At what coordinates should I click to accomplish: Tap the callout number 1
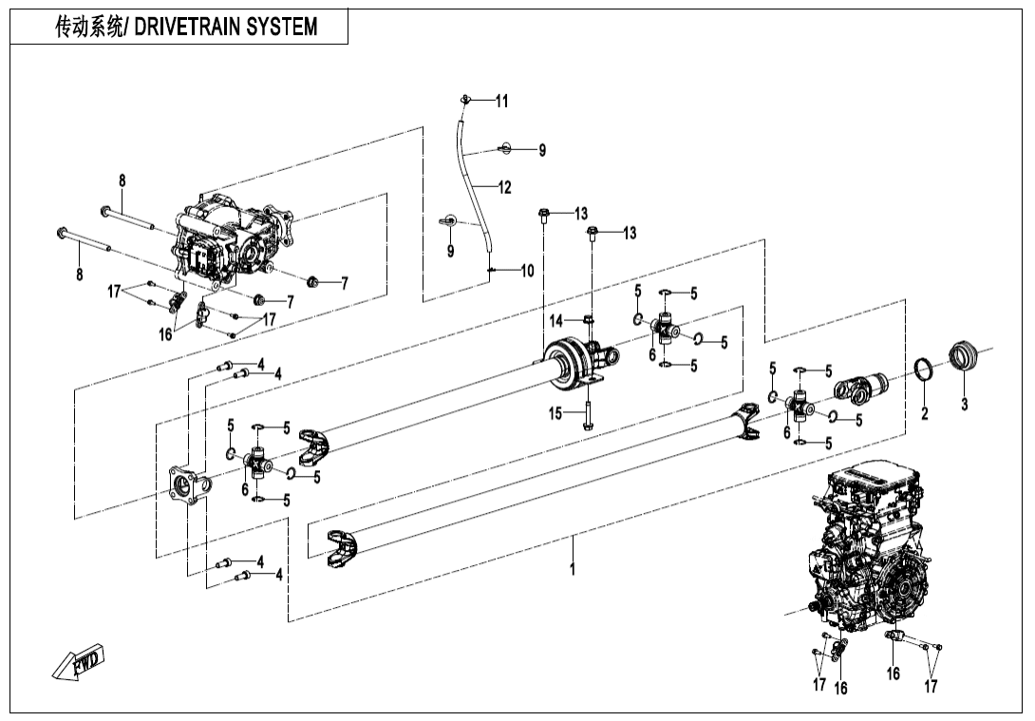tap(573, 570)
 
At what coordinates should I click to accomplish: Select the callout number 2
tap(925, 413)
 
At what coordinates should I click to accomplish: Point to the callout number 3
tap(964, 406)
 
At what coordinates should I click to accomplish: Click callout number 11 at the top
tap(501, 101)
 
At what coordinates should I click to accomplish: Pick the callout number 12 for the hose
tap(503, 187)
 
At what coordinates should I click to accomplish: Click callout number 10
tap(526, 271)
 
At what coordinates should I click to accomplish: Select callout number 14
tap(556, 321)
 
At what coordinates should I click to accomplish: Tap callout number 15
tap(556, 413)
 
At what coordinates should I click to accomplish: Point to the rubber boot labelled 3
tap(963, 360)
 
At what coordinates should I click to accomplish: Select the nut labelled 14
tap(588, 319)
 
